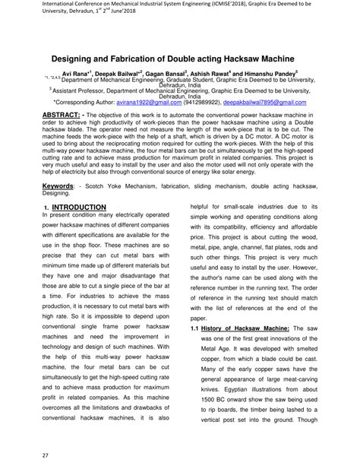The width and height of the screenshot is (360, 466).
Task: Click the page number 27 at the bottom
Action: (25, 455)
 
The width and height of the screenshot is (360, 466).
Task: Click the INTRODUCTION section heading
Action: (79, 208)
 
